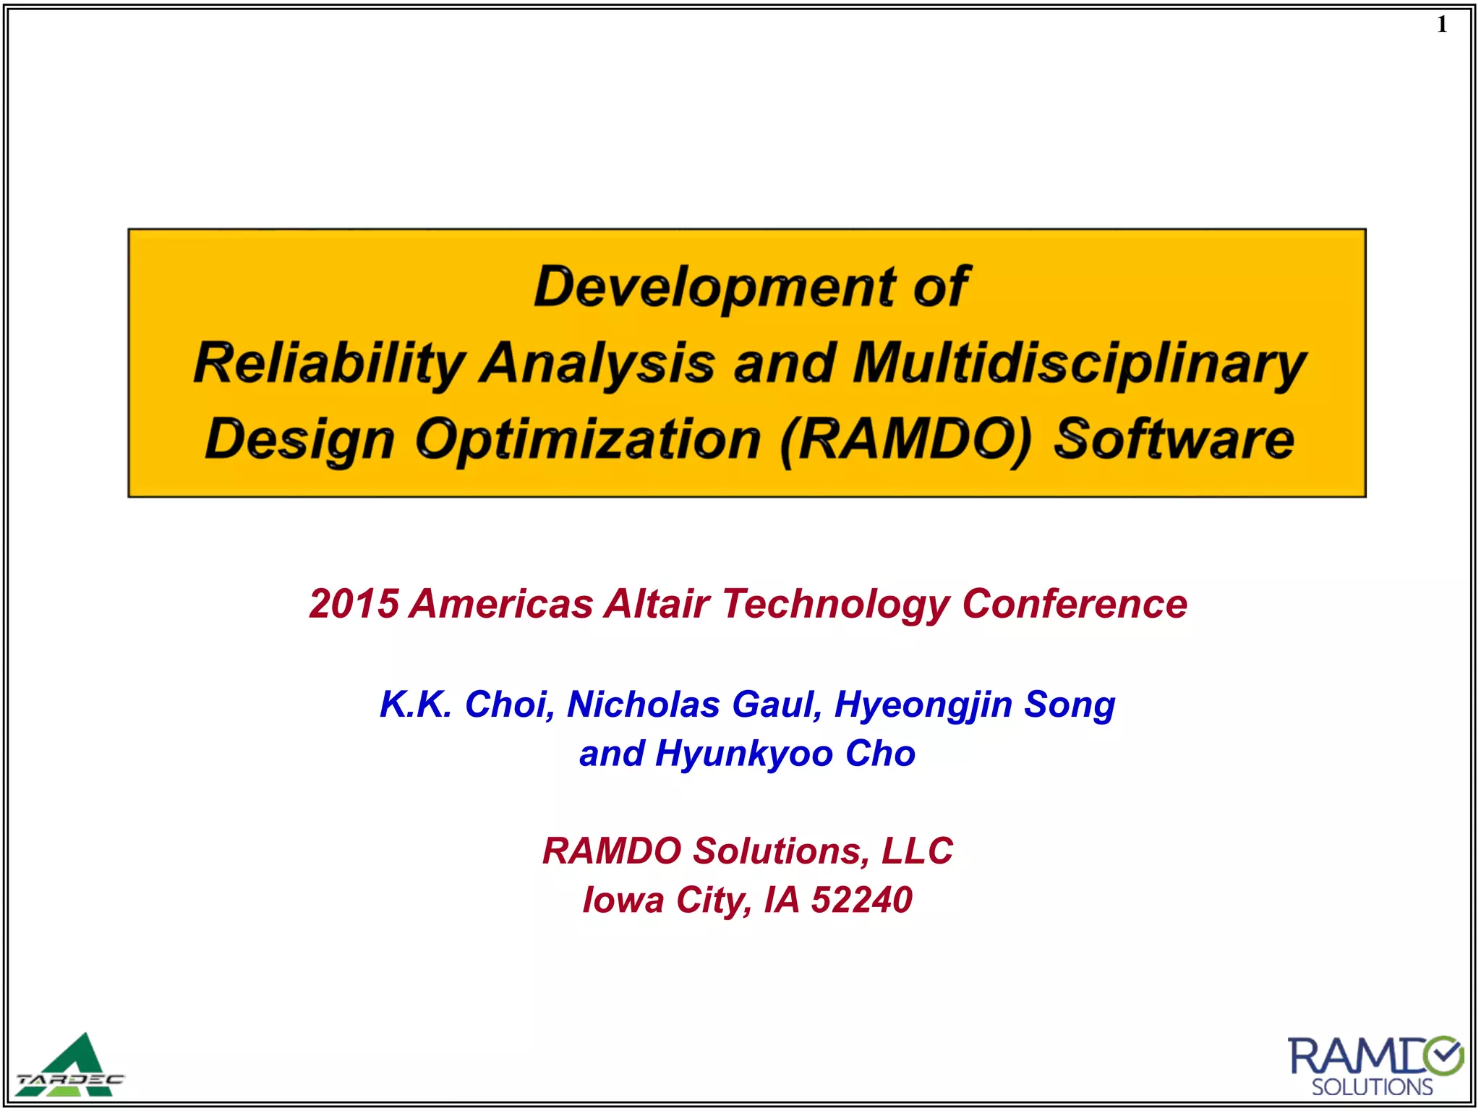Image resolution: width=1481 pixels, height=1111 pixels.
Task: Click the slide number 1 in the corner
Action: point(1442,25)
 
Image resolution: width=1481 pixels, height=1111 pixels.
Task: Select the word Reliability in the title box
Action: point(329,363)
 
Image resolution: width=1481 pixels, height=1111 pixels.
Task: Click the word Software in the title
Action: point(1174,439)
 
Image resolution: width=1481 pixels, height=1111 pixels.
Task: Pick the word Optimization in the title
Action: point(588,439)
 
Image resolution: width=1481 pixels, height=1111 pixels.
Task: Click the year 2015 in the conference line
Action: point(354,603)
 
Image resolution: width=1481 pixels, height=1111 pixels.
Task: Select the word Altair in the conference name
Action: point(657,603)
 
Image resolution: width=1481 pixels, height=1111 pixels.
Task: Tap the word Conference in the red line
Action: point(1074,603)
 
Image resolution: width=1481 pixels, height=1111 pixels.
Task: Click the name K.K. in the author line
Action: point(416,704)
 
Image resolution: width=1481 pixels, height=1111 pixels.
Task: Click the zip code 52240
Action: point(861,900)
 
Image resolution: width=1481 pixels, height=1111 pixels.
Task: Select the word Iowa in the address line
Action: point(623,900)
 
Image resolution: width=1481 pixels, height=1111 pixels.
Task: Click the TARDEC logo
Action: point(70,1066)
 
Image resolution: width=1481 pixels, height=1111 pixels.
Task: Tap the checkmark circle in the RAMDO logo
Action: point(1443,1057)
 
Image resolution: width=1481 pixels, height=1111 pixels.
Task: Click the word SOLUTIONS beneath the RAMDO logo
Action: point(1372,1087)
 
